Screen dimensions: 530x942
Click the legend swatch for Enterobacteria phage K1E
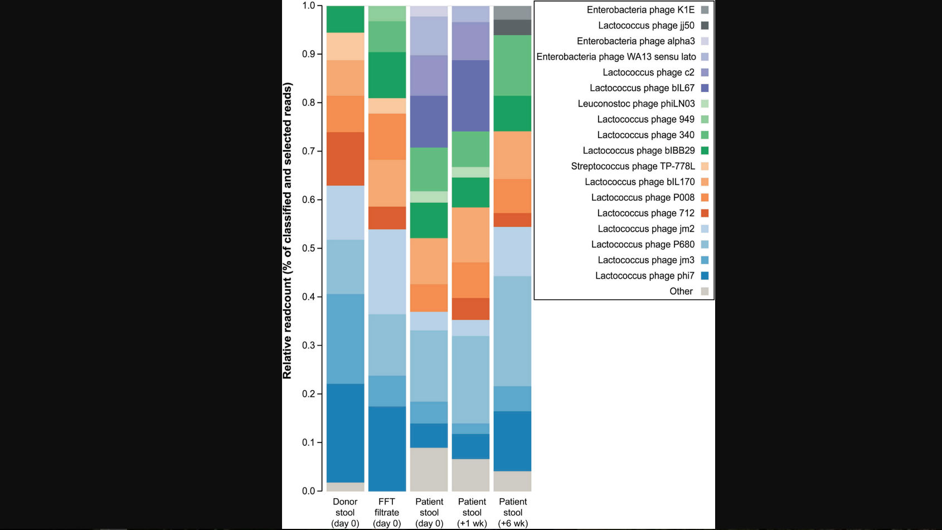coord(705,10)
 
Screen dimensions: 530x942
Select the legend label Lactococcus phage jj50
coord(646,26)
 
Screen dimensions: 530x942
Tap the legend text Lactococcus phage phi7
coord(644,276)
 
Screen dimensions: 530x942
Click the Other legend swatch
coord(705,291)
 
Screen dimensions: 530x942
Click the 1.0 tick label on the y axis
coord(309,6)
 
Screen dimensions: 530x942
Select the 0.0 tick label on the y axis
coord(309,491)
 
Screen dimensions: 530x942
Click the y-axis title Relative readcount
coord(288,231)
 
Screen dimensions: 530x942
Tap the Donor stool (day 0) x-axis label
coord(345,512)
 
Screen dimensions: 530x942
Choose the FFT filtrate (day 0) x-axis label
coord(387,512)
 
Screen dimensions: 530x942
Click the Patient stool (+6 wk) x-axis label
coord(513,512)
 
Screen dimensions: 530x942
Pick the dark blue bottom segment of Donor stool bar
coord(345,433)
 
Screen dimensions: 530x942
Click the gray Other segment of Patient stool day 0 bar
coord(429,469)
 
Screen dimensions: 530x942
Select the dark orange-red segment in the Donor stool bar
coord(345,159)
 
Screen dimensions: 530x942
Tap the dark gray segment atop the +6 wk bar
coord(513,27)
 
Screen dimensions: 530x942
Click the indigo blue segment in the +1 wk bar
coord(471,96)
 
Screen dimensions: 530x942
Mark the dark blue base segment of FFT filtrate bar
coord(387,449)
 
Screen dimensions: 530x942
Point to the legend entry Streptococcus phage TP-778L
coord(633,166)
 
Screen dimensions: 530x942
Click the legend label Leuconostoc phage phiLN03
coord(636,104)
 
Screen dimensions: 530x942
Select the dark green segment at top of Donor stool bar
coord(345,20)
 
